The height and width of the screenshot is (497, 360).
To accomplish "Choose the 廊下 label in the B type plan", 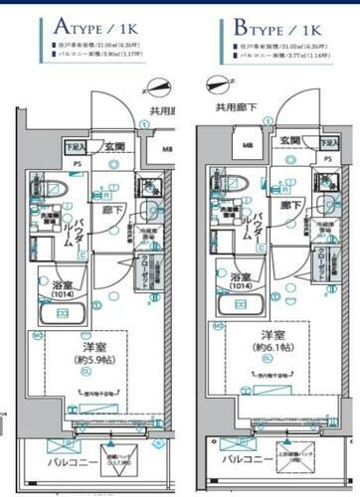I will click(289, 206).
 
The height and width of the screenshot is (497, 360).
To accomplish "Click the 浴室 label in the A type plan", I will click(62, 283).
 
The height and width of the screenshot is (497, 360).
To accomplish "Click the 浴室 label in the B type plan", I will click(240, 278).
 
